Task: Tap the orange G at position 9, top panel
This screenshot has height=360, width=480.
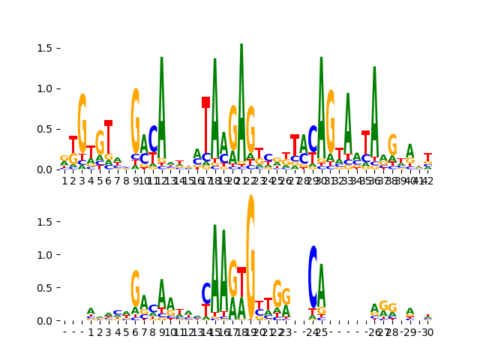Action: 136,120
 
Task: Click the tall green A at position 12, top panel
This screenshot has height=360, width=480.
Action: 162,105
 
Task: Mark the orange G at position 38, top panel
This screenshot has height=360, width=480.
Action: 392,145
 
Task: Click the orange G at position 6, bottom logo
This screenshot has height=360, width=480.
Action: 136,288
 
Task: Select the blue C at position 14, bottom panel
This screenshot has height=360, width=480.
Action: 206,293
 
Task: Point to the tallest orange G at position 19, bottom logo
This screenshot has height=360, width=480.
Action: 250,255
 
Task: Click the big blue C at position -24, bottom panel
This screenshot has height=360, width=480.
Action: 313,276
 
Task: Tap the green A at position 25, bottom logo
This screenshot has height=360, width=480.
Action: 322,283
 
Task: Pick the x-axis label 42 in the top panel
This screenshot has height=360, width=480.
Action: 427,181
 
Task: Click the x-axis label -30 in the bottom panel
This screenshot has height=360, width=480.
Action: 427,332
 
